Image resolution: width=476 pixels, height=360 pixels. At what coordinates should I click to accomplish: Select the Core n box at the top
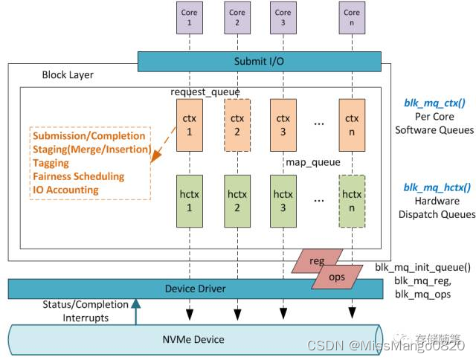pyautogui.click(x=352, y=19)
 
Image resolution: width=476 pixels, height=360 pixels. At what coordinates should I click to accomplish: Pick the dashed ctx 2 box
pyautogui.click(x=237, y=123)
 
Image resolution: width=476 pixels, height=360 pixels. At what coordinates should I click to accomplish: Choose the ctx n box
pyautogui.click(x=352, y=123)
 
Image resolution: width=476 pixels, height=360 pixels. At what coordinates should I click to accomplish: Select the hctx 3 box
pyautogui.click(x=283, y=200)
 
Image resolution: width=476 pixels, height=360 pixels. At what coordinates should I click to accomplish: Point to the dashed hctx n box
pyautogui.click(x=352, y=200)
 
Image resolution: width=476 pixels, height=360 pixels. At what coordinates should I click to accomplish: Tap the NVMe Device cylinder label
pyautogui.click(x=193, y=339)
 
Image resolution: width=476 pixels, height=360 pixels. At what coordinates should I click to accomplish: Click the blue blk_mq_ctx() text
pyautogui.click(x=435, y=103)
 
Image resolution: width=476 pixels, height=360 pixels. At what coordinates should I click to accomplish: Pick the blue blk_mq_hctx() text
pyautogui.click(x=435, y=187)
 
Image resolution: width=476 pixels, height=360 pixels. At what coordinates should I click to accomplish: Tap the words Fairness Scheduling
pyautogui.click(x=79, y=176)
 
